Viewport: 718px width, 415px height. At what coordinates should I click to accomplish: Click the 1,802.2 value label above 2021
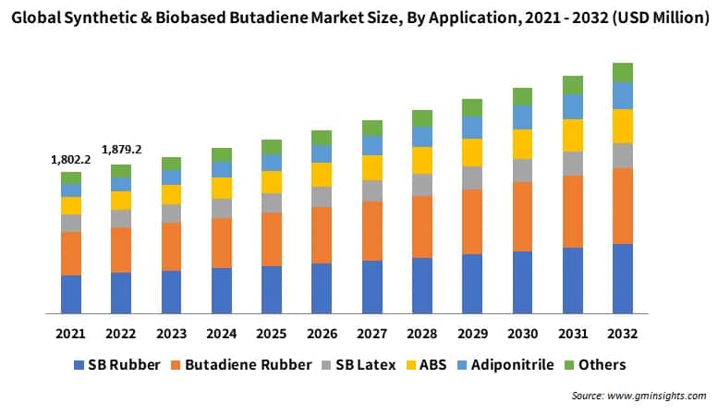pos(71,160)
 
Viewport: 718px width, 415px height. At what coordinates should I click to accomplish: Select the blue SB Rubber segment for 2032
pos(623,278)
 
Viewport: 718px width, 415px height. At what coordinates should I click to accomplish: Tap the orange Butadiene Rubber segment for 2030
pos(522,216)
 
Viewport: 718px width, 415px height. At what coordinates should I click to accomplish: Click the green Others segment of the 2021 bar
pos(71,177)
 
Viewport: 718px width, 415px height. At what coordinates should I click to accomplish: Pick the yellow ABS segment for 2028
pos(422,161)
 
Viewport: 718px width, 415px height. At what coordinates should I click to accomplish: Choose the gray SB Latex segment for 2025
pos(272,202)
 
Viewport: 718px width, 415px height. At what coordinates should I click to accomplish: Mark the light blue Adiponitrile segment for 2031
pos(573,106)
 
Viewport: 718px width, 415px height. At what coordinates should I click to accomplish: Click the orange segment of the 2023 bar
pos(171,246)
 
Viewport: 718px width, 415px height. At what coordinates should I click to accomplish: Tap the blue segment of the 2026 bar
pos(322,288)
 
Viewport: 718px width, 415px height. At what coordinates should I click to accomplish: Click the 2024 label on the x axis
pos(221,334)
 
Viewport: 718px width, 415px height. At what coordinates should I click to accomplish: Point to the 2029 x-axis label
pos(472,334)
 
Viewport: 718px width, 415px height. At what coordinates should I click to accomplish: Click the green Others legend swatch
pos(569,365)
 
